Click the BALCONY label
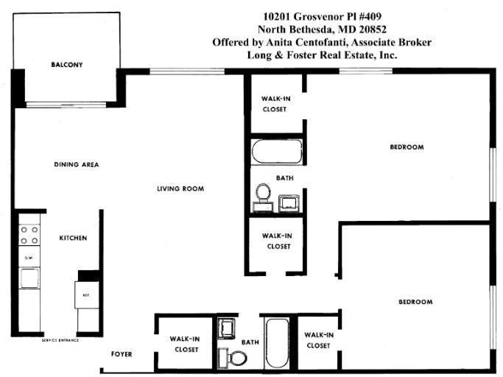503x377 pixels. click(x=67, y=65)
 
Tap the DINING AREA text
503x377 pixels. click(x=77, y=164)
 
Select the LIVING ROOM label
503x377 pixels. click(x=180, y=188)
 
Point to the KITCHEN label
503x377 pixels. click(x=74, y=238)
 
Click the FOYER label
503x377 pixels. click(x=122, y=354)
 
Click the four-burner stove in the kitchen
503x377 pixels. click(x=29, y=235)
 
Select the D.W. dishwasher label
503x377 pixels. click(x=29, y=258)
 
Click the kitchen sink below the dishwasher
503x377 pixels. click(x=29, y=277)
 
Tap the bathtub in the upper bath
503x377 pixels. click(x=275, y=152)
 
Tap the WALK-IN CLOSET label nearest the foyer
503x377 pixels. click(x=184, y=344)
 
